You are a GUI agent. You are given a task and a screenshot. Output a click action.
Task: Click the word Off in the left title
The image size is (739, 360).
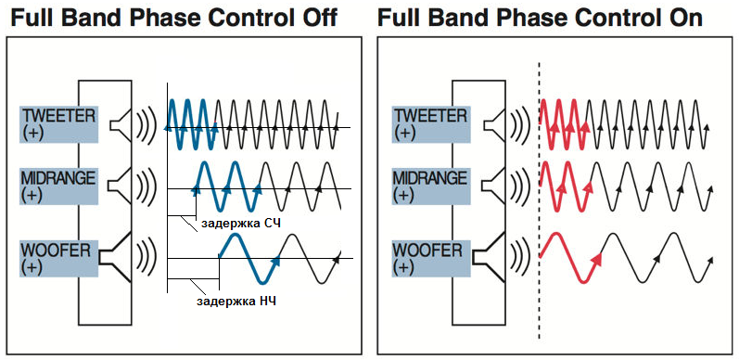pyautogui.click(x=319, y=18)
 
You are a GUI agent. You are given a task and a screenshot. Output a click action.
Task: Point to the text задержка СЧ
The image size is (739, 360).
pyautogui.click(x=241, y=224)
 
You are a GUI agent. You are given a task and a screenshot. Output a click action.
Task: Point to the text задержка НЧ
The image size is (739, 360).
pyautogui.click(x=236, y=301)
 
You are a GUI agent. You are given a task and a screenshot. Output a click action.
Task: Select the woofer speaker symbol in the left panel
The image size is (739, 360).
pyautogui.click(x=116, y=257)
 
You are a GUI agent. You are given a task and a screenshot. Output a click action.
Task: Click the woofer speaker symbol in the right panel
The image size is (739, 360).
pyautogui.click(x=489, y=257)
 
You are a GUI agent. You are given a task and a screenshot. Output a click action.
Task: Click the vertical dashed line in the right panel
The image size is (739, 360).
pyautogui.click(x=539, y=200)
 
